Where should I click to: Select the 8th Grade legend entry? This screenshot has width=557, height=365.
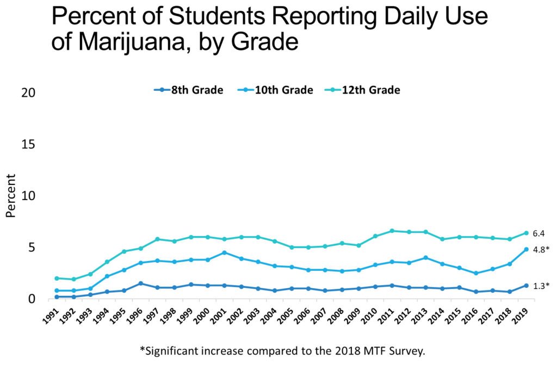tap(189, 90)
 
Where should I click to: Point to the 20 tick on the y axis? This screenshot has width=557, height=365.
tap(28, 92)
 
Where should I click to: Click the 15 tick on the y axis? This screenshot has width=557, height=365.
tap(28, 144)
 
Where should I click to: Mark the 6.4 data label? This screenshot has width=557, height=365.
tap(539, 233)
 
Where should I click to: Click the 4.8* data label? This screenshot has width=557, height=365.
tap(540, 250)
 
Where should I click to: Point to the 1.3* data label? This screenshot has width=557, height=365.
tap(540, 286)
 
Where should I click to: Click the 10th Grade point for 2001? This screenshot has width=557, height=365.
tap(224, 252)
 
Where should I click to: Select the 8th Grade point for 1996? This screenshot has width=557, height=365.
tap(140, 283)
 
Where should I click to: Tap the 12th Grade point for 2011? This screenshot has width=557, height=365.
tap(392, 231)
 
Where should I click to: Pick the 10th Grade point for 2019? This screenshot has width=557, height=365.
tap(526, 249)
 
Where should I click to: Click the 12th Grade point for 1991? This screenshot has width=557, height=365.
tap(57, 278)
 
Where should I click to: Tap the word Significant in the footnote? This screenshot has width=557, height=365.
tap(177, 350)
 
